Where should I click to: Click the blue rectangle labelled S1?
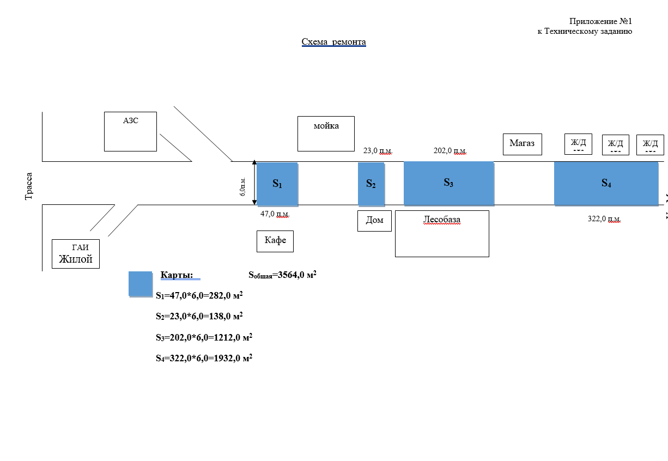point(277,184)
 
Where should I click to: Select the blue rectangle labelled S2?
point(371,184)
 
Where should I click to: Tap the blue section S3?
point(448,183)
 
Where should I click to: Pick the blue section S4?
point(606,184)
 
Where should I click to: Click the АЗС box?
point(130,131)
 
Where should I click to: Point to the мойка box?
point(326,134)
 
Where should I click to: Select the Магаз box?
point(522,144)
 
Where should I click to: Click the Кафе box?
point(275,241)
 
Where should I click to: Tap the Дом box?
point(374,221)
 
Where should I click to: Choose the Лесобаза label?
point(441,220)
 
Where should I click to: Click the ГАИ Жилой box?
point(76,253)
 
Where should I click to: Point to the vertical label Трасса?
point(29,186)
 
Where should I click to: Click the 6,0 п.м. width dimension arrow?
point(254,183)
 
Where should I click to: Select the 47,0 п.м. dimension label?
point(275,214)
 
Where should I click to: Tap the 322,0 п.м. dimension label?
point(604,219)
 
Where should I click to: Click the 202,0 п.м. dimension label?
point(450,151)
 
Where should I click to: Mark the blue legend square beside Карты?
point(140,283)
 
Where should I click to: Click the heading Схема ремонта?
point(333,42)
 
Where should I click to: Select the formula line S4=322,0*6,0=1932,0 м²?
point(204,359)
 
